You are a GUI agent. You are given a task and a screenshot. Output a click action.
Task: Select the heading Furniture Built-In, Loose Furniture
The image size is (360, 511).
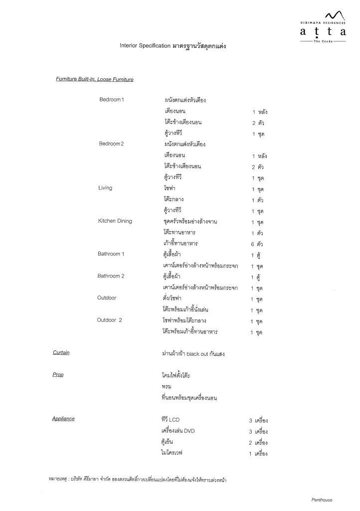point(94,79)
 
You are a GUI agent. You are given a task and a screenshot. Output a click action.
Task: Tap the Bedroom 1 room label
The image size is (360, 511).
point(111,100)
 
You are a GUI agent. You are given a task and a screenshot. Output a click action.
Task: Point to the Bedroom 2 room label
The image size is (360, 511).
point(111,144)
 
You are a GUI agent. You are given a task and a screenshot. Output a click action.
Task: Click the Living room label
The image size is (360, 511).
point(105,188)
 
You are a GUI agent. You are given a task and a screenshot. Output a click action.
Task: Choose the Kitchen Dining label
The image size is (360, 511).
point(115,221)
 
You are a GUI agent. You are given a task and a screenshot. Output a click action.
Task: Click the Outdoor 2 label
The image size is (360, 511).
point(110,320)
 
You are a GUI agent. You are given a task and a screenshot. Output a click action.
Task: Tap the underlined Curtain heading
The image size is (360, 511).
point(61,353)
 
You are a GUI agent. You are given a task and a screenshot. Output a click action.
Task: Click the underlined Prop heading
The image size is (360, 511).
point(58,374)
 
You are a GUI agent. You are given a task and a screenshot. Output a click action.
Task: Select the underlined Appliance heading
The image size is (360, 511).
point(63,419)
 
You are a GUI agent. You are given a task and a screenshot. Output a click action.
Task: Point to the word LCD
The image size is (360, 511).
point(174,420)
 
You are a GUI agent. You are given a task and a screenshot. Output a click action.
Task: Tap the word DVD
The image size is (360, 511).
point(189,431)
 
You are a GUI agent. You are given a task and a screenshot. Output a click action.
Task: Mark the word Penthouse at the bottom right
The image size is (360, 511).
point(322,500)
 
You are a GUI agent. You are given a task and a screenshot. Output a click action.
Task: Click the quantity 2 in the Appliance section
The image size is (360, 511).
point(250,442)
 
